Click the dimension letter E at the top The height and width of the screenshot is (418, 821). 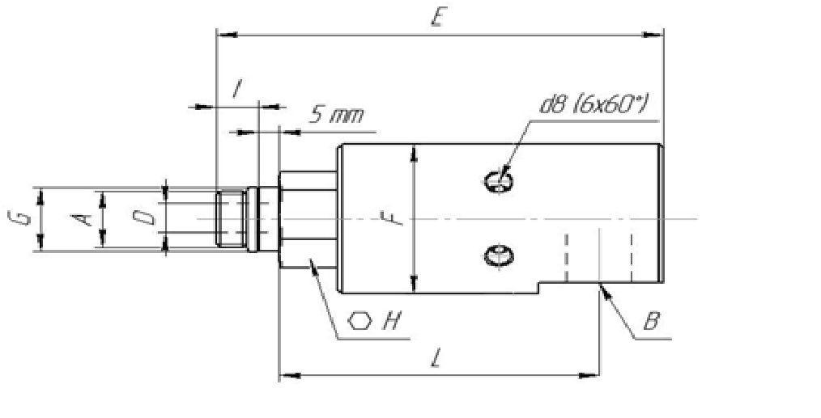(438, 19)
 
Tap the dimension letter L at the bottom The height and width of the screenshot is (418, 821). (436, 359)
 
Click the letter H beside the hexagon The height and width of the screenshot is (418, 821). (391, 320)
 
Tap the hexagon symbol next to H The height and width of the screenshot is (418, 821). (360, 321)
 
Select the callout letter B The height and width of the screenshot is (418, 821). (651, 320)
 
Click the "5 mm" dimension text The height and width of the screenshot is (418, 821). (336, 115)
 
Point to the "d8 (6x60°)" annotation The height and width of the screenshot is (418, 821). (593, 105)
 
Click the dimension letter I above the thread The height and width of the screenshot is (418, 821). (236, 89)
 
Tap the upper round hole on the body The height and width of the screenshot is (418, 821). (498, 182)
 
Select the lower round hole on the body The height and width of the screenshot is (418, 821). (499, 256)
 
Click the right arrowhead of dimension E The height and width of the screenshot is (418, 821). (653, 35)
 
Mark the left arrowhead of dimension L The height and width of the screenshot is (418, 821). (290, 375)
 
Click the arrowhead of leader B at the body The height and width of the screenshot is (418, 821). (606, 290)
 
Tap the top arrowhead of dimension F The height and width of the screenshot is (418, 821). (415, 154)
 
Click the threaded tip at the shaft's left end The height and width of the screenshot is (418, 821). (231, 218)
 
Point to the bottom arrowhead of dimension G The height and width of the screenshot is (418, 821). (40, 241)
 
